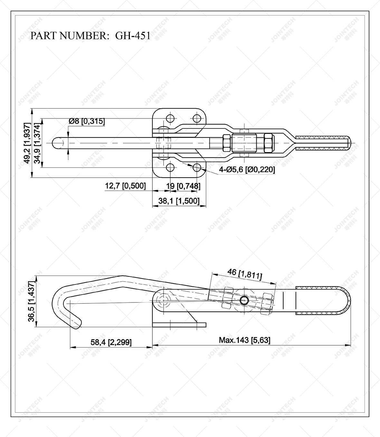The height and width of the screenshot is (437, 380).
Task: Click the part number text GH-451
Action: pos(133,36)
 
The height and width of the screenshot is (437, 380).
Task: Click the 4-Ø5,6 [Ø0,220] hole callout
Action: pos(247,169)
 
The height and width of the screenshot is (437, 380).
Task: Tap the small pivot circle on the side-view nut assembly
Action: pos(244,301)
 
